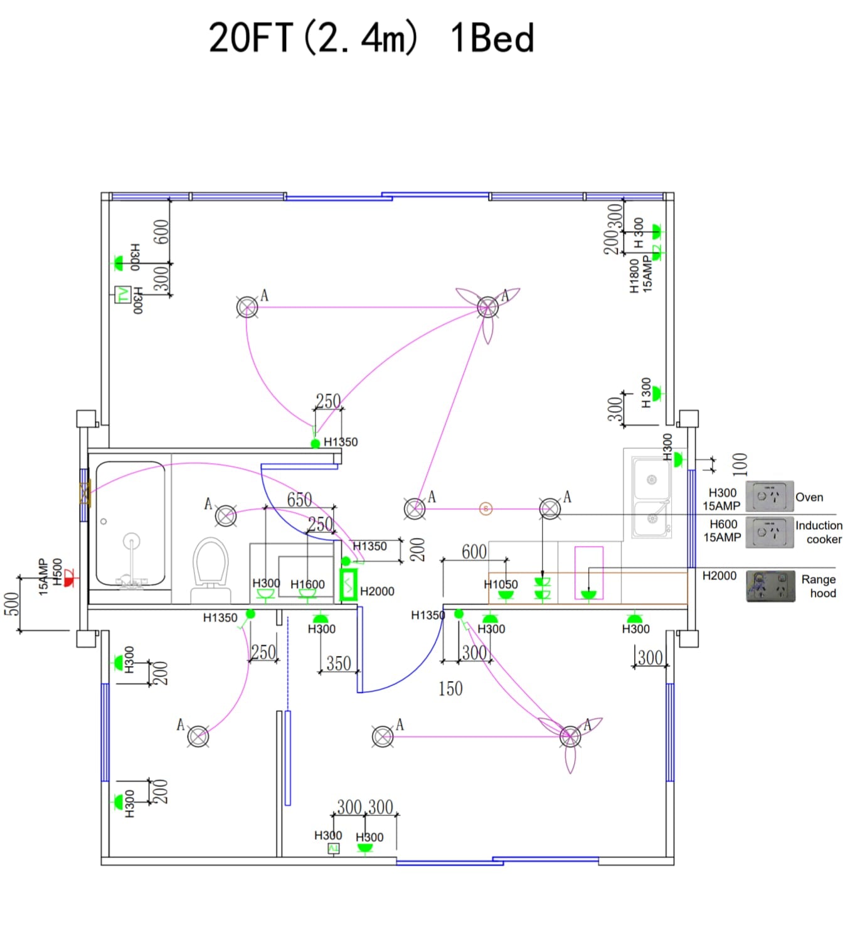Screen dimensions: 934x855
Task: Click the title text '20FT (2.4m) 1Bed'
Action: [x=371, y=38]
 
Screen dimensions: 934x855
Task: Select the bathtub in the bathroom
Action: [x=130, y=525]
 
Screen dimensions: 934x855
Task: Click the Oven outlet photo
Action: [x=769, y=497]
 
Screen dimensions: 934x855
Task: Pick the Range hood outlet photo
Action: [x=770, y=586]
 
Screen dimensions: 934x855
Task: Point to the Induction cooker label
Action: [x=819, y=532]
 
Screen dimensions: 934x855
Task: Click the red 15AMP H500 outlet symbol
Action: [x=69, y=579]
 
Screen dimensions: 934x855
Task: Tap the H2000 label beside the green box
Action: [x=377, y=591]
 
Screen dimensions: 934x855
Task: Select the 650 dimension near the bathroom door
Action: [x=299, y=500]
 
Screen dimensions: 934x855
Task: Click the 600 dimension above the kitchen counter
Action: [x=474, y=552]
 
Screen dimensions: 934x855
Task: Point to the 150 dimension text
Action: [x=450, y=689]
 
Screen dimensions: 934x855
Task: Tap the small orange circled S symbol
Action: [x=486, y=508]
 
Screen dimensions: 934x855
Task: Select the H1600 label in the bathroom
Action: [x=307, y=584]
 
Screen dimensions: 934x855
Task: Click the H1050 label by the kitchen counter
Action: [x=501, y=584]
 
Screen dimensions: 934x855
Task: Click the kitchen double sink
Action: [x=651, y=497]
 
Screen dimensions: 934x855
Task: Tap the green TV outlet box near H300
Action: [x=122, y=294]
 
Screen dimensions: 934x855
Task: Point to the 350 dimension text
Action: [x=338, y=663]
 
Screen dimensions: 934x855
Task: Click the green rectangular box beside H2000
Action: [x=348, y=585]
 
